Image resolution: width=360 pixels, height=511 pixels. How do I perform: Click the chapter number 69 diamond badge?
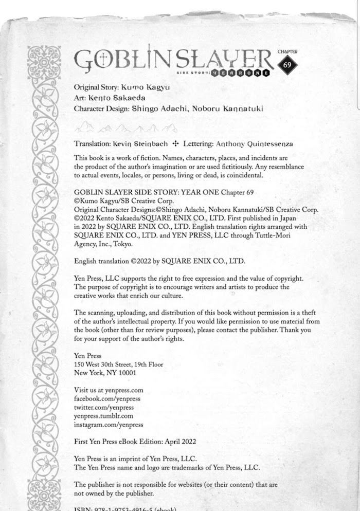pyautogui.click(x=287, y=65)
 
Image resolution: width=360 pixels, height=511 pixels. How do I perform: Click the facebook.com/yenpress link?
pyautogui.click(x=107, y=398)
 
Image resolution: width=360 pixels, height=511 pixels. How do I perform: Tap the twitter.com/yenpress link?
pyautogui.click(x=104, y=407)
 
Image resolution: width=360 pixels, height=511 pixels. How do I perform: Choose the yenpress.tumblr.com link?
pyautogui.click(x=103, y=416)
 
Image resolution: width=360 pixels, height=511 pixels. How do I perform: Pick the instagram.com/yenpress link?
pyautogui.click(x=109, y=425)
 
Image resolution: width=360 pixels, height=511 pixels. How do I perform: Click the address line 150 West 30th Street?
pyautogui.click(x=119, y=364)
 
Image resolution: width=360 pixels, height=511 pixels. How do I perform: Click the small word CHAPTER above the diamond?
pyautogui.click(x=287, y=52)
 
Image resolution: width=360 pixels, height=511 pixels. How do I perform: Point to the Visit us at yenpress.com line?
pyautogui.click(x=109, y=390)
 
